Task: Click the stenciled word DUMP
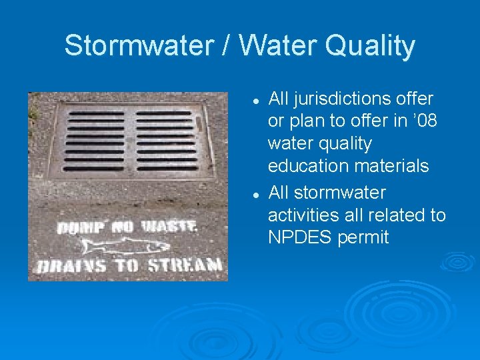tap(79, 228)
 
